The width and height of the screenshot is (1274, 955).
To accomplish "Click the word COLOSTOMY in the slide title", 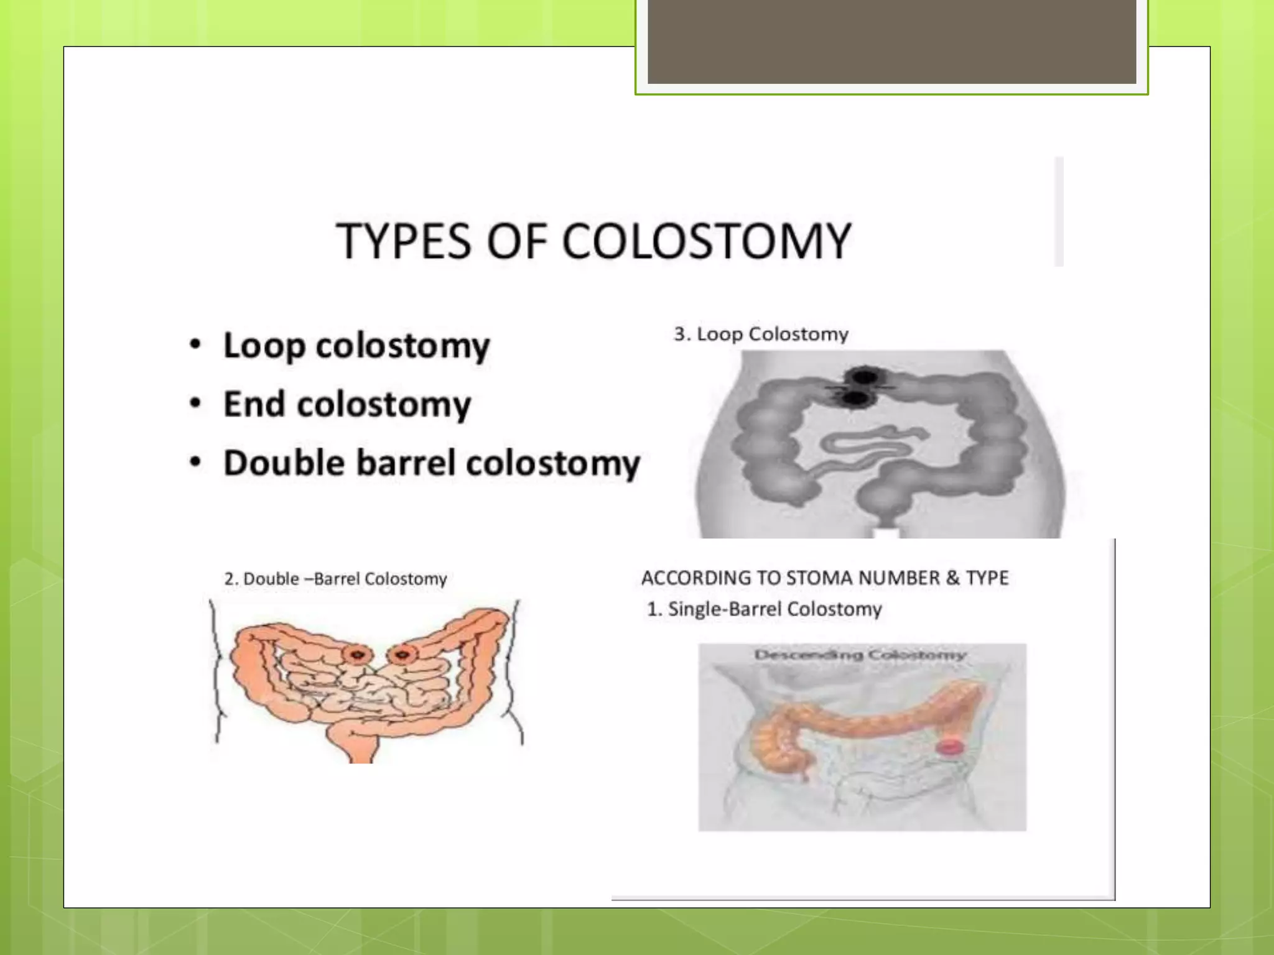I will (706, 241).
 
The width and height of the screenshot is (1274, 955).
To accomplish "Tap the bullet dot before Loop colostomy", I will (195, 344).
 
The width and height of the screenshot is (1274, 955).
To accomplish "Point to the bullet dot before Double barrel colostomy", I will (195, 463).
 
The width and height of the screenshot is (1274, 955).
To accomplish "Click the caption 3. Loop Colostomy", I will (761, 334).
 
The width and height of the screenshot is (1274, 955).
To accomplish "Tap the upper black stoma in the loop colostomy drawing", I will (863, 377).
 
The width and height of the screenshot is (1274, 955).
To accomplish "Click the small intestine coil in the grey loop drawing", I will (871, 448).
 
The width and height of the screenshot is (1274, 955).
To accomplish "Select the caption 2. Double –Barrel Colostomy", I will (335, 579).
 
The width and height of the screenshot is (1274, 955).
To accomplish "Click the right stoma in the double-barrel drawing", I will (402, 654).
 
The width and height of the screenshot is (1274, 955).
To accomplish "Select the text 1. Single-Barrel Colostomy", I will (765, 609).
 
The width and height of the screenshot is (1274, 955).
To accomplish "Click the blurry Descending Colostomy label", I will (860, 655).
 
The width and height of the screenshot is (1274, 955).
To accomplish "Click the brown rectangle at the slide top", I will (891, 41).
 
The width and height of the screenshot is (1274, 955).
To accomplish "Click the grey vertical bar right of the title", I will (1059, 211).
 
